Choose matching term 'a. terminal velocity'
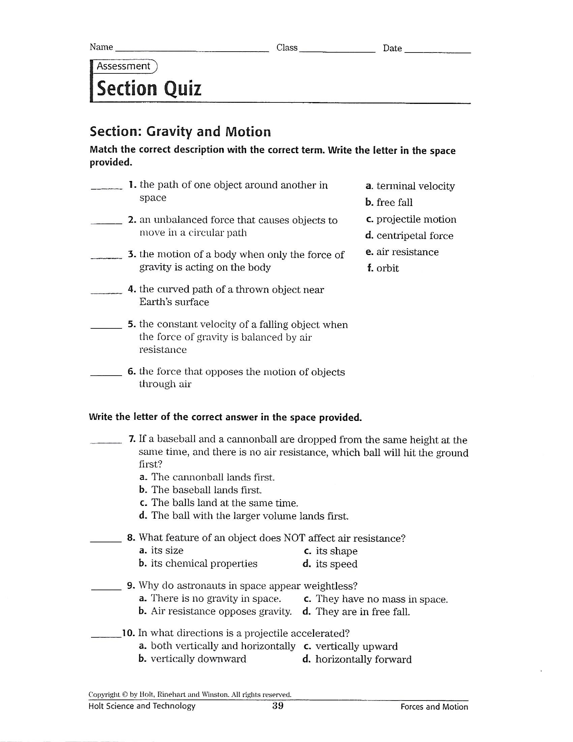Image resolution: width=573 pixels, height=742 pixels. pyautogui.click(x=410, y=186)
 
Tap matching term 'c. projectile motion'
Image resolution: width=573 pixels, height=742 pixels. pyautogui.click(x=411, y=219)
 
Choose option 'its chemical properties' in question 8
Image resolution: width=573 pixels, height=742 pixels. pyautogui.click(x=204, y=564)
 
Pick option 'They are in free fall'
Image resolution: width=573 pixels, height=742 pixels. pyautogui.click(x=362, y=612)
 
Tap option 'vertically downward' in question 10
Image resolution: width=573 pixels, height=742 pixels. pyautogui.click(x=198, y=659)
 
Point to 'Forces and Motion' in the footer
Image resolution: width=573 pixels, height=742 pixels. pyautogui.click(x=434, y=707)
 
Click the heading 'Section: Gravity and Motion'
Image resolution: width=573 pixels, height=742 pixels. pyautogui.click(x=180, y=132)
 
